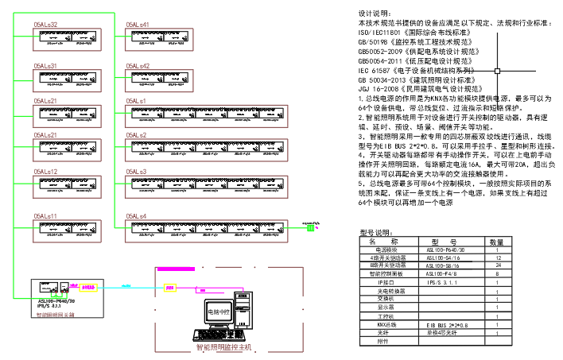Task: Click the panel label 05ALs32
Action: (45, 25)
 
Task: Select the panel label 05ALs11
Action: (45, 216)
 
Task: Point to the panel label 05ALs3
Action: (137, 172)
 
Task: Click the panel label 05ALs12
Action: (45, 172)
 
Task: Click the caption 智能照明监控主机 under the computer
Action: (223, 348)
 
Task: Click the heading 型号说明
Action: (376, 233)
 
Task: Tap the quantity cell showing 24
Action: (496, 266)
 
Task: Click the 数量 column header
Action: (496, 242)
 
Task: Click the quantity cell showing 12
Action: (496, 258)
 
